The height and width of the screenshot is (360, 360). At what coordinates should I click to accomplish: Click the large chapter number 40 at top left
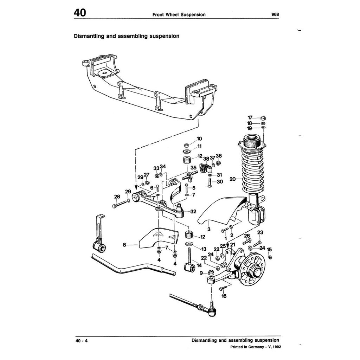click(80, 13)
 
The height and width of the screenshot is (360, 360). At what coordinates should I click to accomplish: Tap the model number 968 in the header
click(275, 14)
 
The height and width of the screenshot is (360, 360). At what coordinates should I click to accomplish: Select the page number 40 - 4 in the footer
click(81, 341)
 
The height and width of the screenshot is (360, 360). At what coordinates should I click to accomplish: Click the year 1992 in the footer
click(276, 346)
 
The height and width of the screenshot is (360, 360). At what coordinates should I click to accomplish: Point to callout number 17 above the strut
click(250, 117)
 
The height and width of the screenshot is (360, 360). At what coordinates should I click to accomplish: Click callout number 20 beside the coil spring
click(232, 179)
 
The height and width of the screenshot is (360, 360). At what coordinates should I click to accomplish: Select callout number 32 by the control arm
click(193, 212)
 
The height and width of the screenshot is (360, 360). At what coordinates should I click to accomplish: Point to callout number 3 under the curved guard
click(209, 229)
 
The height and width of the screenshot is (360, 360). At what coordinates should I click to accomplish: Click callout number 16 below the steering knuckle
click(224, 296)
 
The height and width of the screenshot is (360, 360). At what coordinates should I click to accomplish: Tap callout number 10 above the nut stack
click(199, 139)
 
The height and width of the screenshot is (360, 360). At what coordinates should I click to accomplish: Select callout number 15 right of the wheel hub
click(269, 250)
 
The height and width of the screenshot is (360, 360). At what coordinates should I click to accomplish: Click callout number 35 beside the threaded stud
click(193, 167)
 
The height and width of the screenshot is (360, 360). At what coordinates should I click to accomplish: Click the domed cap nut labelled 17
click(263, 118)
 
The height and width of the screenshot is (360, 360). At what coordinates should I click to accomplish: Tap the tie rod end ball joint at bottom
click(212, 309)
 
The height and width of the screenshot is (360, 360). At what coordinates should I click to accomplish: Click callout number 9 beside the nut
click(201, 272)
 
